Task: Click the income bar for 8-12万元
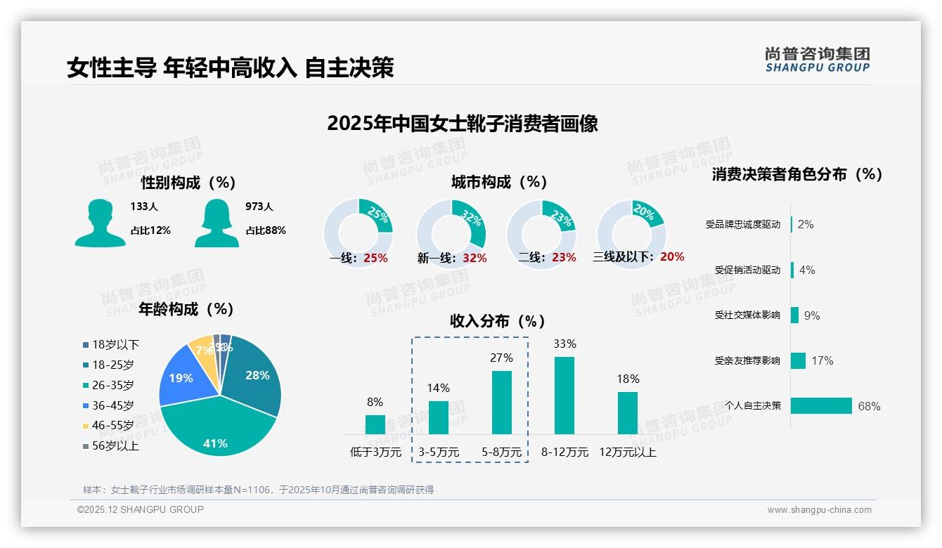564,395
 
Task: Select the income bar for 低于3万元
375,424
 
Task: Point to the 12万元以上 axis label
627,452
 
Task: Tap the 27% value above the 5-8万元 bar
501,358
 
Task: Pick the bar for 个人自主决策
821,405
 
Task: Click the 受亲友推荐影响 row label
747,360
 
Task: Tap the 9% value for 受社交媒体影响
812,315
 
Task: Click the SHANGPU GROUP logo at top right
817,60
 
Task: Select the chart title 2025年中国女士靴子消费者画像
463,124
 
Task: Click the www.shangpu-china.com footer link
819,510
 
